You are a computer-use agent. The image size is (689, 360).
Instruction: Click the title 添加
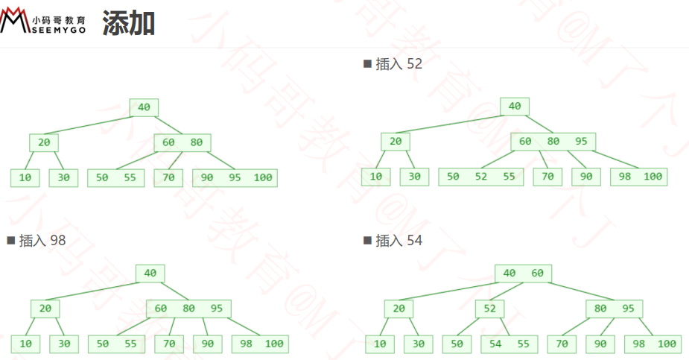point(128,23)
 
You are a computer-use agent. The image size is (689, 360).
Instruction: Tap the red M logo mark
point(14,20)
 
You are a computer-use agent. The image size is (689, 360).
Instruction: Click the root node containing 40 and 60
point(523,274)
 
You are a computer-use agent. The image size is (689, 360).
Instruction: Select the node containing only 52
point(489,309)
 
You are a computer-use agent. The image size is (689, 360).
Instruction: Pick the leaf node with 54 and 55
point(509,344)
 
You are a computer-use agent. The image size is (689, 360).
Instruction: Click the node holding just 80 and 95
point(614,309)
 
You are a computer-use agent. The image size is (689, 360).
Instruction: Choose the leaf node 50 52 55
point(480,177)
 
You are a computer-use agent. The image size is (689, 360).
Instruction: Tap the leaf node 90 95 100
point(235,178)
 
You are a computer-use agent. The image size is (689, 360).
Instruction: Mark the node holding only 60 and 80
point(182,142)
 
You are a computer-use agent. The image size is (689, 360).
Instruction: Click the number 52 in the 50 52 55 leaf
point(480,177)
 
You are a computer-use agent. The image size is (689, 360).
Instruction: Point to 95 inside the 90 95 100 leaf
point(235,178)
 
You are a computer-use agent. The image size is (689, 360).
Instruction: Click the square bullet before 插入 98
point(11,241)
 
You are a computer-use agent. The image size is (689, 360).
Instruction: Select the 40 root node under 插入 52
point(515,107)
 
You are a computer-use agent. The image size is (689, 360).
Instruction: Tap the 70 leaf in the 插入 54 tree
point(562,344)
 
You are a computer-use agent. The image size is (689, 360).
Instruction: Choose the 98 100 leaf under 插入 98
point(260,344)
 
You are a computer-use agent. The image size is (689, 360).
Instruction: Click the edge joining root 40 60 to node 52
point(507,291)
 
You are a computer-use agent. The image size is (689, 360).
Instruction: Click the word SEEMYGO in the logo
point(59,30)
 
